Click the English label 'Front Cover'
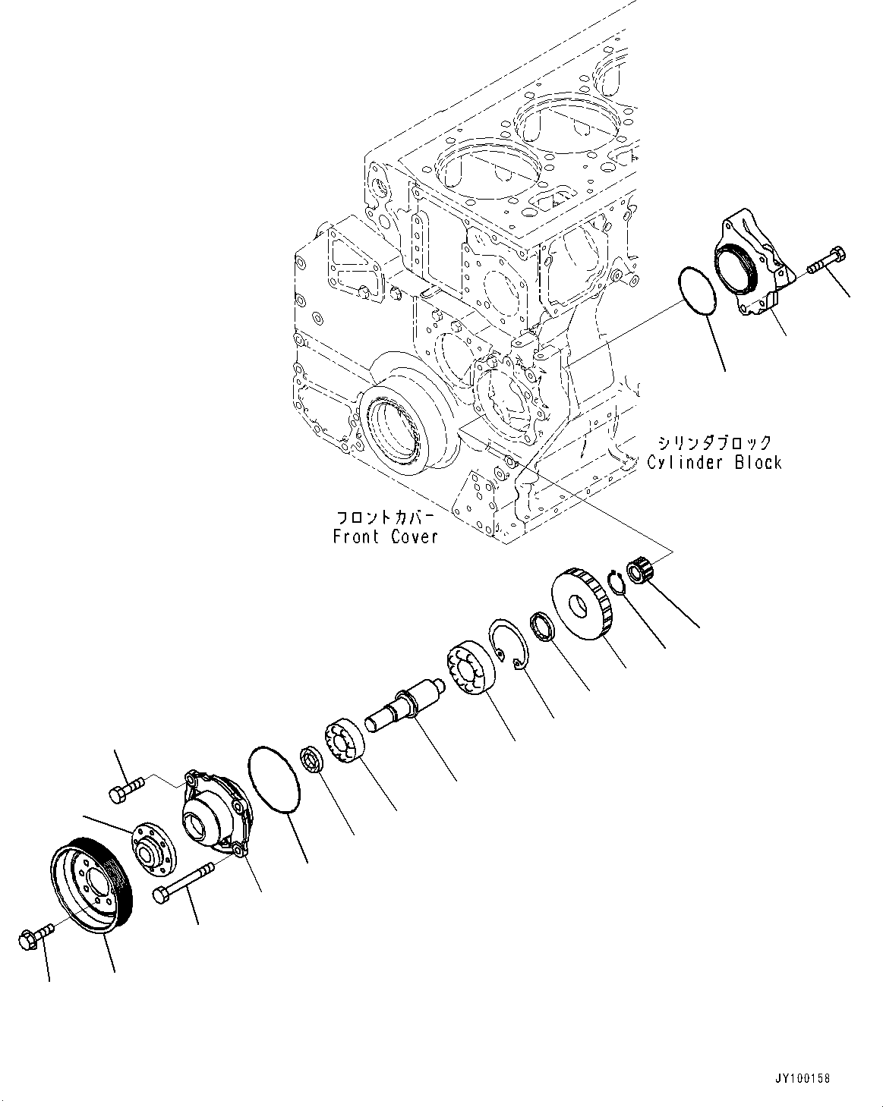click(x=385, y=536)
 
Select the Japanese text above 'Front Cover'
click(x=385, y=517)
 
